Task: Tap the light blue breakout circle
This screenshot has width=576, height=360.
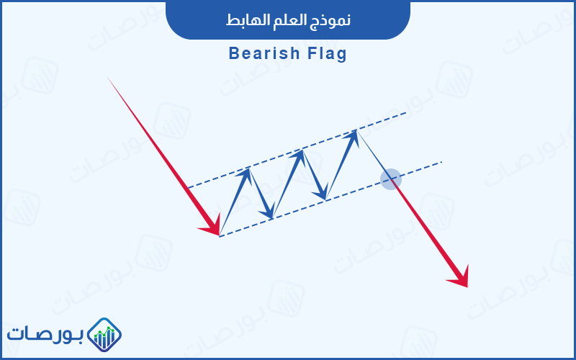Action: [x=390, y=179]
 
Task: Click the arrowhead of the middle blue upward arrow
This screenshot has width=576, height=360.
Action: [x=298, y=156]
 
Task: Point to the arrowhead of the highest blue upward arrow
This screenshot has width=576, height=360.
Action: [x=352, y=137]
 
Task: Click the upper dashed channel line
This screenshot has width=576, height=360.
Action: [x=297, y=150]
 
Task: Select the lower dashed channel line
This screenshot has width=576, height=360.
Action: [x=330, y=199]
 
